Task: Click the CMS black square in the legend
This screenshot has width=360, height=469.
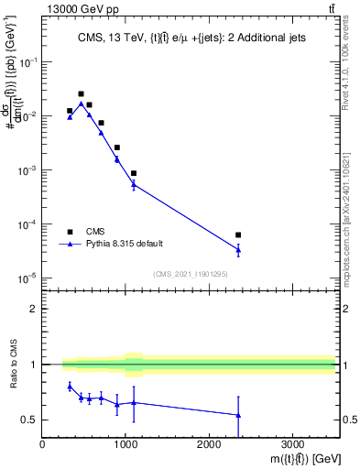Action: pyautogui.click(x=70, y=232)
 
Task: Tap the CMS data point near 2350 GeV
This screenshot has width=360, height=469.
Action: pyautogui.click(x=238, y=235)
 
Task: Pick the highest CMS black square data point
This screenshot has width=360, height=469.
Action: pyautogui.click(x=82, y=94)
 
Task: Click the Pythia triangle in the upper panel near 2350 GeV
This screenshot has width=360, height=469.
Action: pyautogui.click(x=238, y=249)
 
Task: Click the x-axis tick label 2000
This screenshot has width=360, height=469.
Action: pyautogui.click(x=209, y=443)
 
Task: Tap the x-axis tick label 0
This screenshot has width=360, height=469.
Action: pyautogui.click(x=43, y=443)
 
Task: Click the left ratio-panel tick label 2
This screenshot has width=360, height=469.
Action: pyautogui.click(x=33, y=309)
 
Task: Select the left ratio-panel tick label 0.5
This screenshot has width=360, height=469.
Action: pyautogui.click(x=29, y=420)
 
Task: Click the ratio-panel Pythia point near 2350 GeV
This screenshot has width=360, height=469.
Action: pyautogui.click(x=238, y=415)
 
